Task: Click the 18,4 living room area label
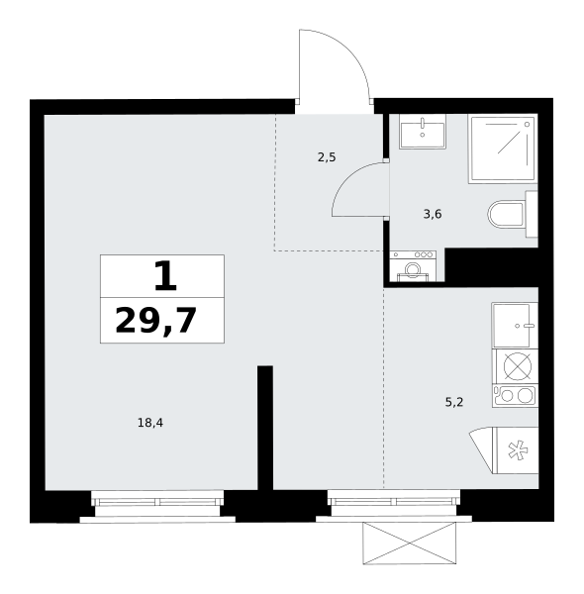150,423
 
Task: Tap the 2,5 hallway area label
327,157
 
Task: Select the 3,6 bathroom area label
433,215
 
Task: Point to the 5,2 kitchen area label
454,402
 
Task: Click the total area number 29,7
156,321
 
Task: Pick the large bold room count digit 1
165,276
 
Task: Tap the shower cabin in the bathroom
503,148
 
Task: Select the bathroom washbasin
422,132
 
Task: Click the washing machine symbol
413,266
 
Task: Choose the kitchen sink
515,325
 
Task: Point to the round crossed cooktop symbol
518,366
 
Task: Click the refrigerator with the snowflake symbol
516,450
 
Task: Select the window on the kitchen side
394,502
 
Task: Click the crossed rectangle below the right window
410,543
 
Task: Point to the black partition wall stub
265,428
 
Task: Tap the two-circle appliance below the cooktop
516,395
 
